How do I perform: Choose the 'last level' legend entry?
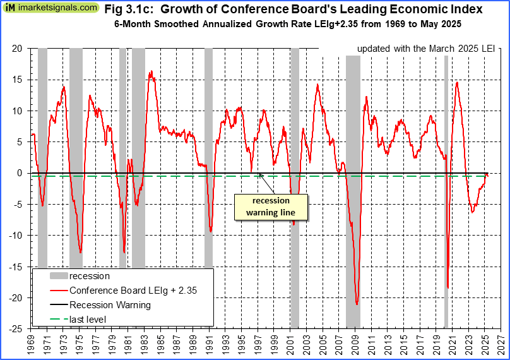click(x=88, y=319)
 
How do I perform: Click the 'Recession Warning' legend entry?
click(x=110, y=305)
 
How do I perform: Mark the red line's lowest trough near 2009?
click(x=357, y=304)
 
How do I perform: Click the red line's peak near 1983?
click(x=151, y=71)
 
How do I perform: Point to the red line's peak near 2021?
click(x=456, y=82)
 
